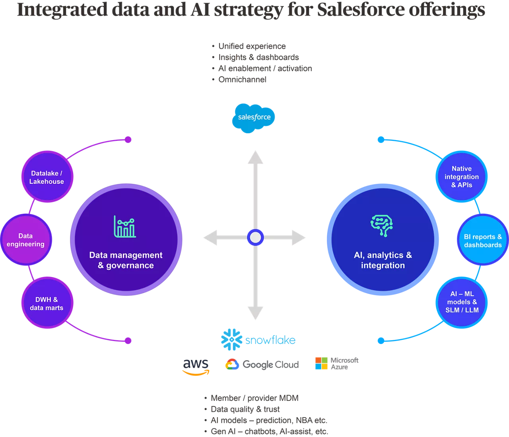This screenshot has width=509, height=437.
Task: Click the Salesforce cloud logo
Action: coord(254,117)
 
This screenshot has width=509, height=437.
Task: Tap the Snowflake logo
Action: coord(258,339)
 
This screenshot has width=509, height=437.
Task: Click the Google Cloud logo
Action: coord(262,364)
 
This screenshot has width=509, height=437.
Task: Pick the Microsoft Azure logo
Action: coord(336,363)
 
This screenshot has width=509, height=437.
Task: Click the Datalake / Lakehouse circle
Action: coord(47,177)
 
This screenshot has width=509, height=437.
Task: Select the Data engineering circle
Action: coord(26,240)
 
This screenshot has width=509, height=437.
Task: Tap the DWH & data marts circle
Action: coord(47,303)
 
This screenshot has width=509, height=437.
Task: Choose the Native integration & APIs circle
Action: coord(462,177)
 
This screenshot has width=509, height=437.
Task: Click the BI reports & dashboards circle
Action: coord(483,240)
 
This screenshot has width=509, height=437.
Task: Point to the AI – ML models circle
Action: coord(462,302)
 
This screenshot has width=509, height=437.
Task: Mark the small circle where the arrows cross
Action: coord(255,238)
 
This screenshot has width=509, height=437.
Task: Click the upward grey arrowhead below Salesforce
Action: coord(255,157)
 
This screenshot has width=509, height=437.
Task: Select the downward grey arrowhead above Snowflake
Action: coord(255,313)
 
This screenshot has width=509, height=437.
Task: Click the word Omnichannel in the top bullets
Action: coord(243,80)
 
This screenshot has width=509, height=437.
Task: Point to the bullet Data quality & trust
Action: coord(245,409)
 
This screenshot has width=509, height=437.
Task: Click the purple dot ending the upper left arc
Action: coord(128,140)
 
